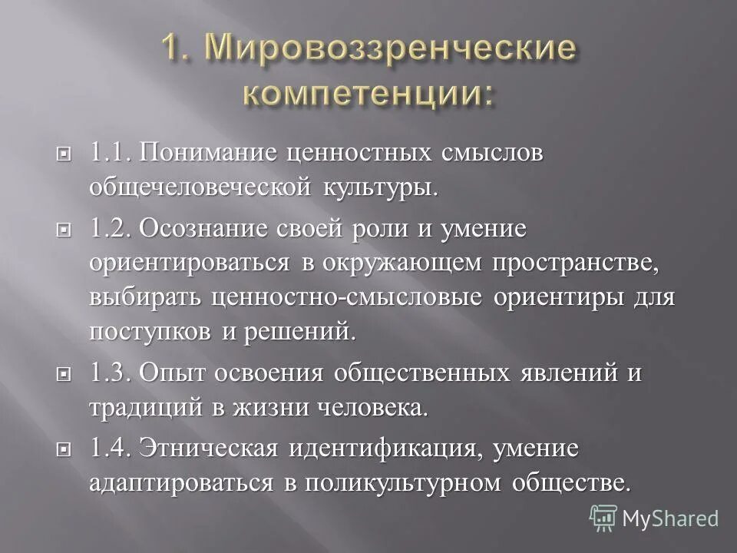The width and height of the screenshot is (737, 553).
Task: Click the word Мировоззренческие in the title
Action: pos(391,51)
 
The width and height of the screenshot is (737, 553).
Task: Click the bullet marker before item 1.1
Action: pos(65,152)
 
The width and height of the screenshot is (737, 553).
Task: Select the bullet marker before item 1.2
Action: pos(65,229)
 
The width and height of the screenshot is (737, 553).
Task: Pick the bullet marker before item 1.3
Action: pos(65,374)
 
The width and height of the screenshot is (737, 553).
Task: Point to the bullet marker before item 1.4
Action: pos(65,448)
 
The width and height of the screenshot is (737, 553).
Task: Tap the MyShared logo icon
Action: pos(603,516)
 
